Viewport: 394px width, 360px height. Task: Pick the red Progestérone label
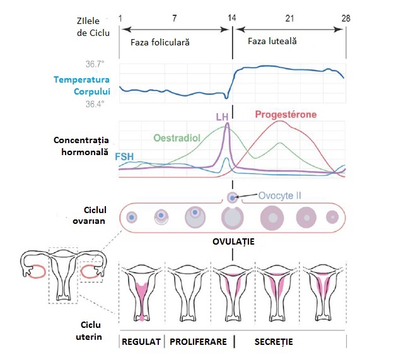click(286, 115)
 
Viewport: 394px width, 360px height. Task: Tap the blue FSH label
click(124, 156)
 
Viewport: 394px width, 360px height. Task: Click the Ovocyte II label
click(280, 195)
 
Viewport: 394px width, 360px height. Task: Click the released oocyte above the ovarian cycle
click(233, 197)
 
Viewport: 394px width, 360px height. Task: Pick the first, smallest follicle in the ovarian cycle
click(132, 218)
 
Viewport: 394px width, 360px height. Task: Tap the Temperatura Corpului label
click(82, 86)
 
